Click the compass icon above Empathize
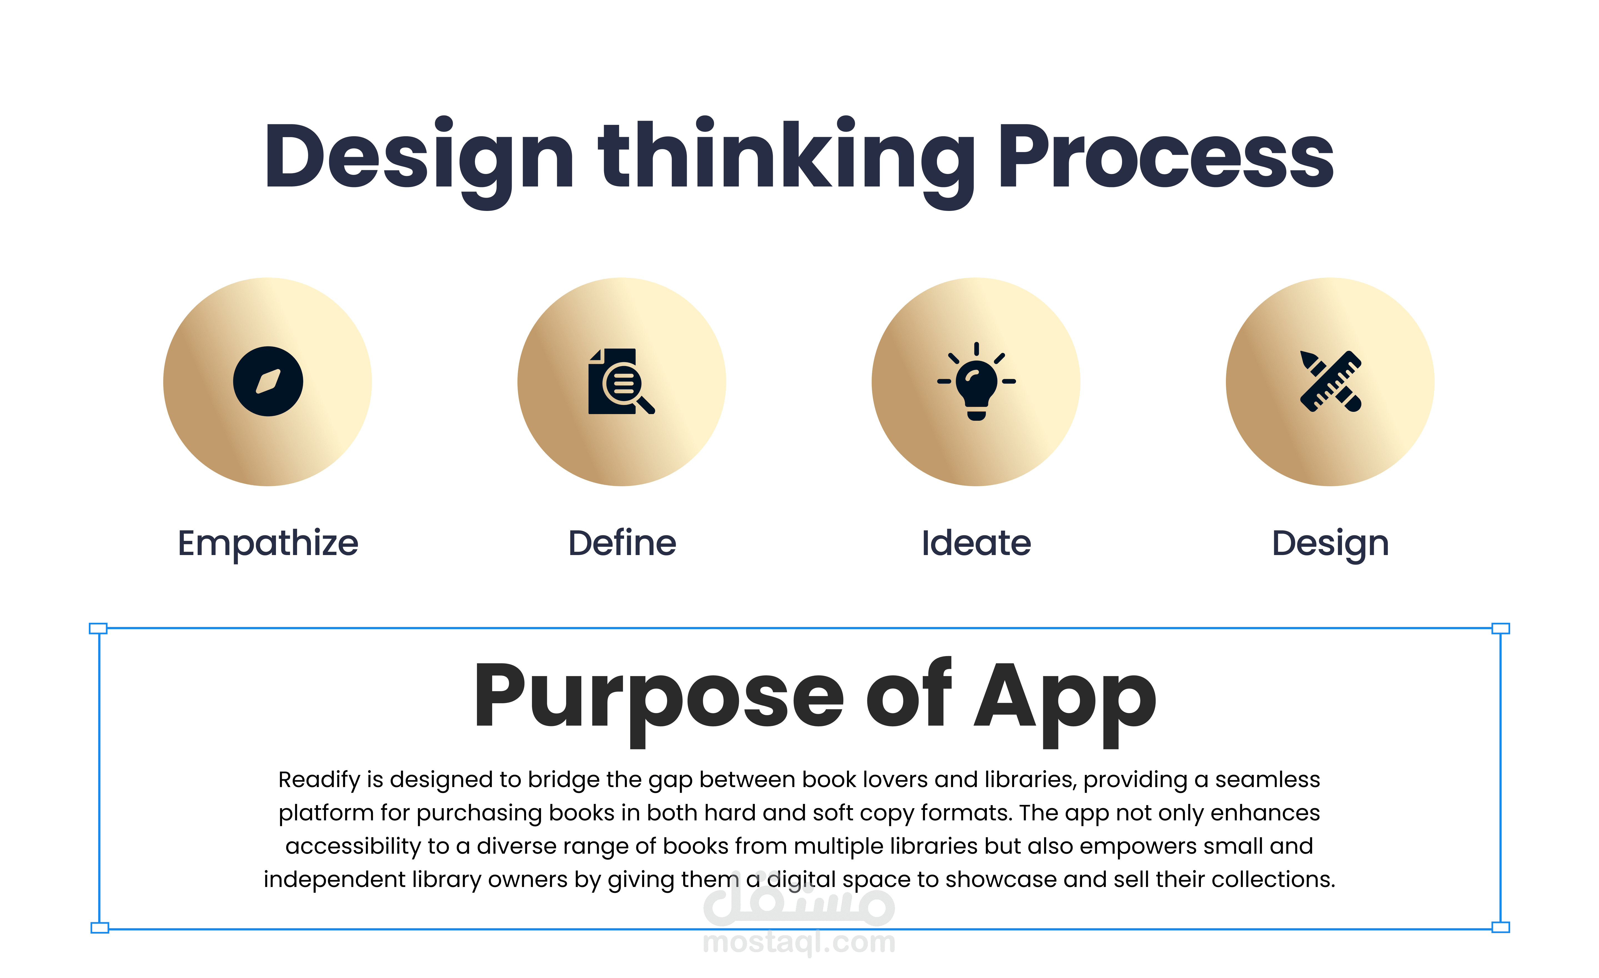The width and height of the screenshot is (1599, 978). pyautogui.click(x=268, y=381)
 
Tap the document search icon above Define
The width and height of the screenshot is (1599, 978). pyautogui.click(x=621, y=381)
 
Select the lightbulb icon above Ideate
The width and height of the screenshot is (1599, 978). pyautogui.click(x=976, y=381)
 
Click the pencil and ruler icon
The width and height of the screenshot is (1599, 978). pyautogui.click(x=1330, y=381)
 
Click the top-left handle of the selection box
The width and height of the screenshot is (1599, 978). pyautogui.click(x=98, y=628)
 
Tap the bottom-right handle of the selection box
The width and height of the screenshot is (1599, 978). pyautogui.click(x=1501, y=927)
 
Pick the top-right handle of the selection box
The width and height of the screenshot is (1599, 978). pyautogui.click(x=1501, y=628)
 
